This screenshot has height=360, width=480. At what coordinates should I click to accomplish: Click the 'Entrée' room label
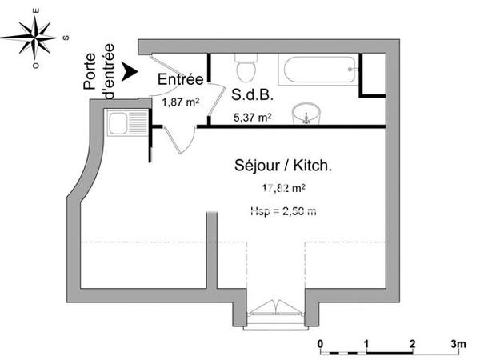click(180, 79)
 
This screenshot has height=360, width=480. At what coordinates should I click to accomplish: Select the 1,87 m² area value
click(180, 102)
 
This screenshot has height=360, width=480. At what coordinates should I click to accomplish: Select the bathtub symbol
click(318, 70)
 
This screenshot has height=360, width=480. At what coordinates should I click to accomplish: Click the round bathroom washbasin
click(305, 114)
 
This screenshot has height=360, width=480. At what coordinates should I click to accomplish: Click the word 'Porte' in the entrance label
click(90, 70)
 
